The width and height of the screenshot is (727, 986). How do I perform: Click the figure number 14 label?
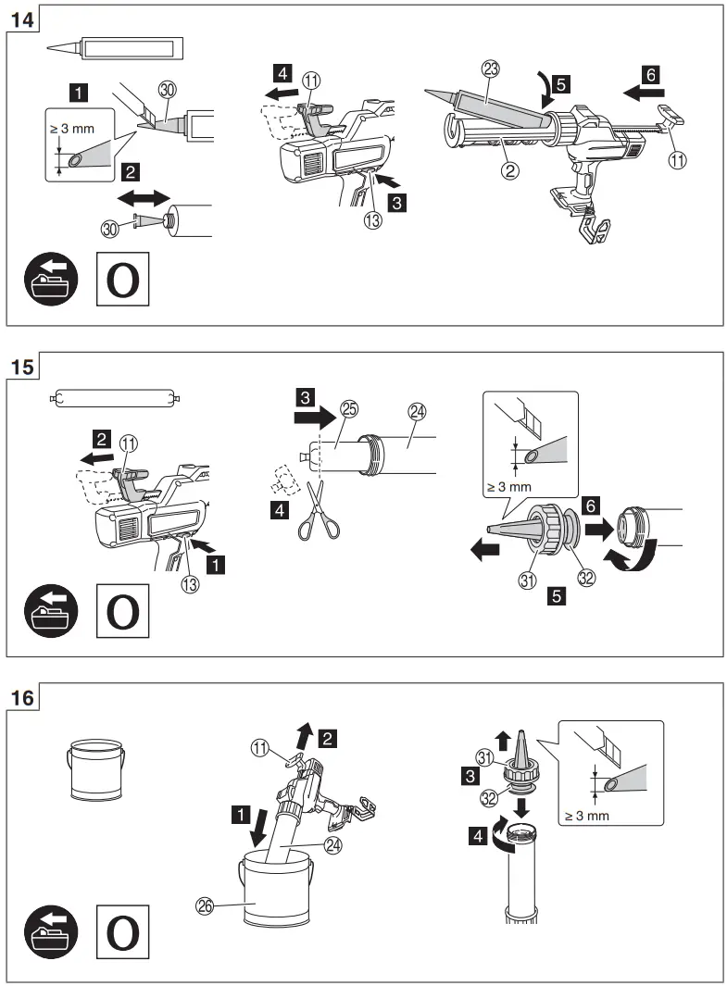click(x=22, y=19)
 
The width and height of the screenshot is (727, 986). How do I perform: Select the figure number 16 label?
click(x=22, y=698)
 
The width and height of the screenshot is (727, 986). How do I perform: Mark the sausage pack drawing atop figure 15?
click(x=113, y=399)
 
